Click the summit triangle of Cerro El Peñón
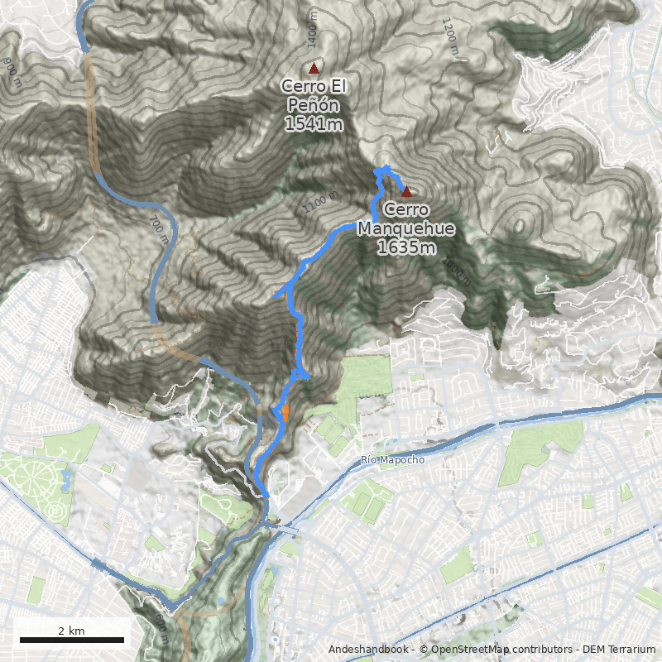[314, 68]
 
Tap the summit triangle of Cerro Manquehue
[406, 191]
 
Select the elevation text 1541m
[313, 124]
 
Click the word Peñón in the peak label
[313, 105]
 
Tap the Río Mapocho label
[393, 460]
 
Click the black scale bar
[71, 640]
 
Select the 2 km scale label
[71, 631]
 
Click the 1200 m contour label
[450, 37]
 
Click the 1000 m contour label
[454, 266]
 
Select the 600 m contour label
[161, 629]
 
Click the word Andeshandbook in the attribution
[368, 650]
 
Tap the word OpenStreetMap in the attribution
[465, 650]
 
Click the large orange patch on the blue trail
[285, 411]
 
